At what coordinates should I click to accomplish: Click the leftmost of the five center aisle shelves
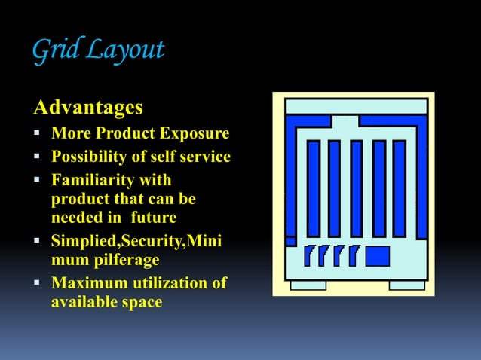313,188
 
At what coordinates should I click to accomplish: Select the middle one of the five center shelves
356,188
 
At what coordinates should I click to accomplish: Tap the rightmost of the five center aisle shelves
399,188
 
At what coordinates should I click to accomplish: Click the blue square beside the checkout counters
377,256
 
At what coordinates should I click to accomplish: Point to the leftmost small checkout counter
309,256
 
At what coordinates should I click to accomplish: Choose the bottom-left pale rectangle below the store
308,285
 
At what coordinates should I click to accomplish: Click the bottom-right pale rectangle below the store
406,285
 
